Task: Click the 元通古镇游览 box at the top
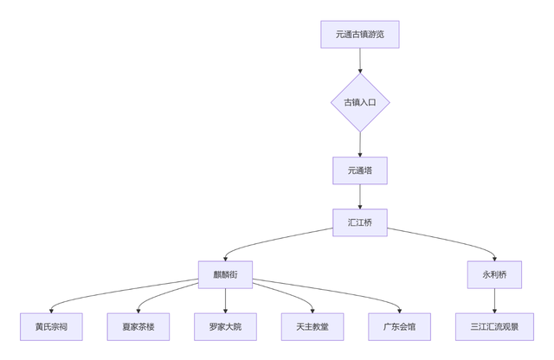click(360, 35)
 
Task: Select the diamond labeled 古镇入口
click(360, 102)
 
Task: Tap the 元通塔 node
click(360, 170)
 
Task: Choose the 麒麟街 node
click(225, 274)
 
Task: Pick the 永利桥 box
click(494, 274)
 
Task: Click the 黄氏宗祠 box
click(51, 326)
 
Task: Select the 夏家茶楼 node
click(138, 326)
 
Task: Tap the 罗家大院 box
click(225, 326)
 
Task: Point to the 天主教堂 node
click(312, 326)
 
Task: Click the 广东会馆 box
click(399, 326)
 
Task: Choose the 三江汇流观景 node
click(494, 326)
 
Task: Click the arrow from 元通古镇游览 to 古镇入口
click(360, 61)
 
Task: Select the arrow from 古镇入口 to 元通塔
click(360, 144)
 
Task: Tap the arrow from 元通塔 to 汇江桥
click(360, 196)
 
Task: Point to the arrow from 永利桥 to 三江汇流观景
click(494, 300)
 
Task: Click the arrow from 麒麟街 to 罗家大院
click(225, 300)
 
